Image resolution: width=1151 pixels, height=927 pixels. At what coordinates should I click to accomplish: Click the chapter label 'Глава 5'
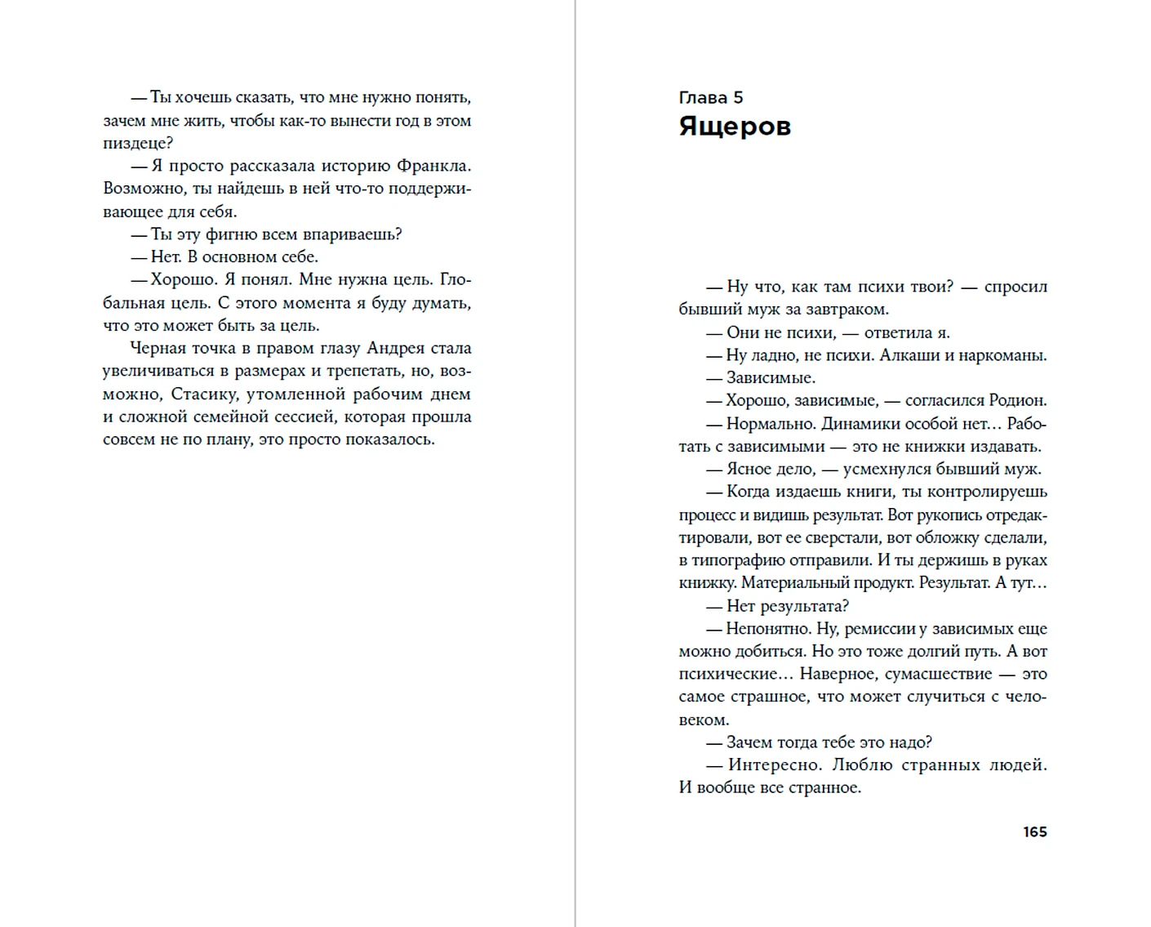pos(710,98)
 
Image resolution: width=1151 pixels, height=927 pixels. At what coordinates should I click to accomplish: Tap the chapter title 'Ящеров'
pos(734,127)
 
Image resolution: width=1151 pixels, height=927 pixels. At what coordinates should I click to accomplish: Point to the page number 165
pos(1034,831)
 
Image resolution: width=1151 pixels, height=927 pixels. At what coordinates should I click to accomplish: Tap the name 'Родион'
pos(1016,400)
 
